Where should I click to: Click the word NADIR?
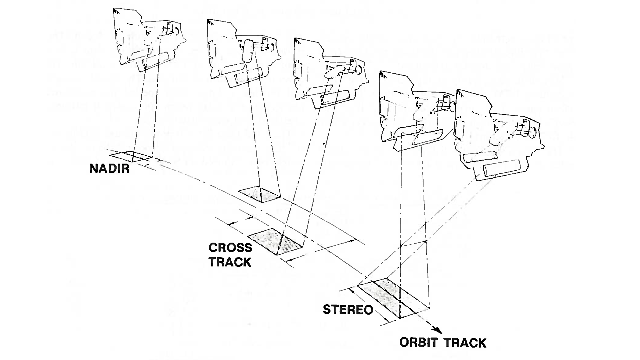point(109,168)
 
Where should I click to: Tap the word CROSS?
point(230,248)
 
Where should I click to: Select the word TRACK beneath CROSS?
point(230,262)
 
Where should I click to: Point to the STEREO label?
point(348,310)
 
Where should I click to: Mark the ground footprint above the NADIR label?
point(131,156)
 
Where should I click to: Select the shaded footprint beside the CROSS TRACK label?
point(277,242)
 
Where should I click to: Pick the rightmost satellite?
point(497,133)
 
